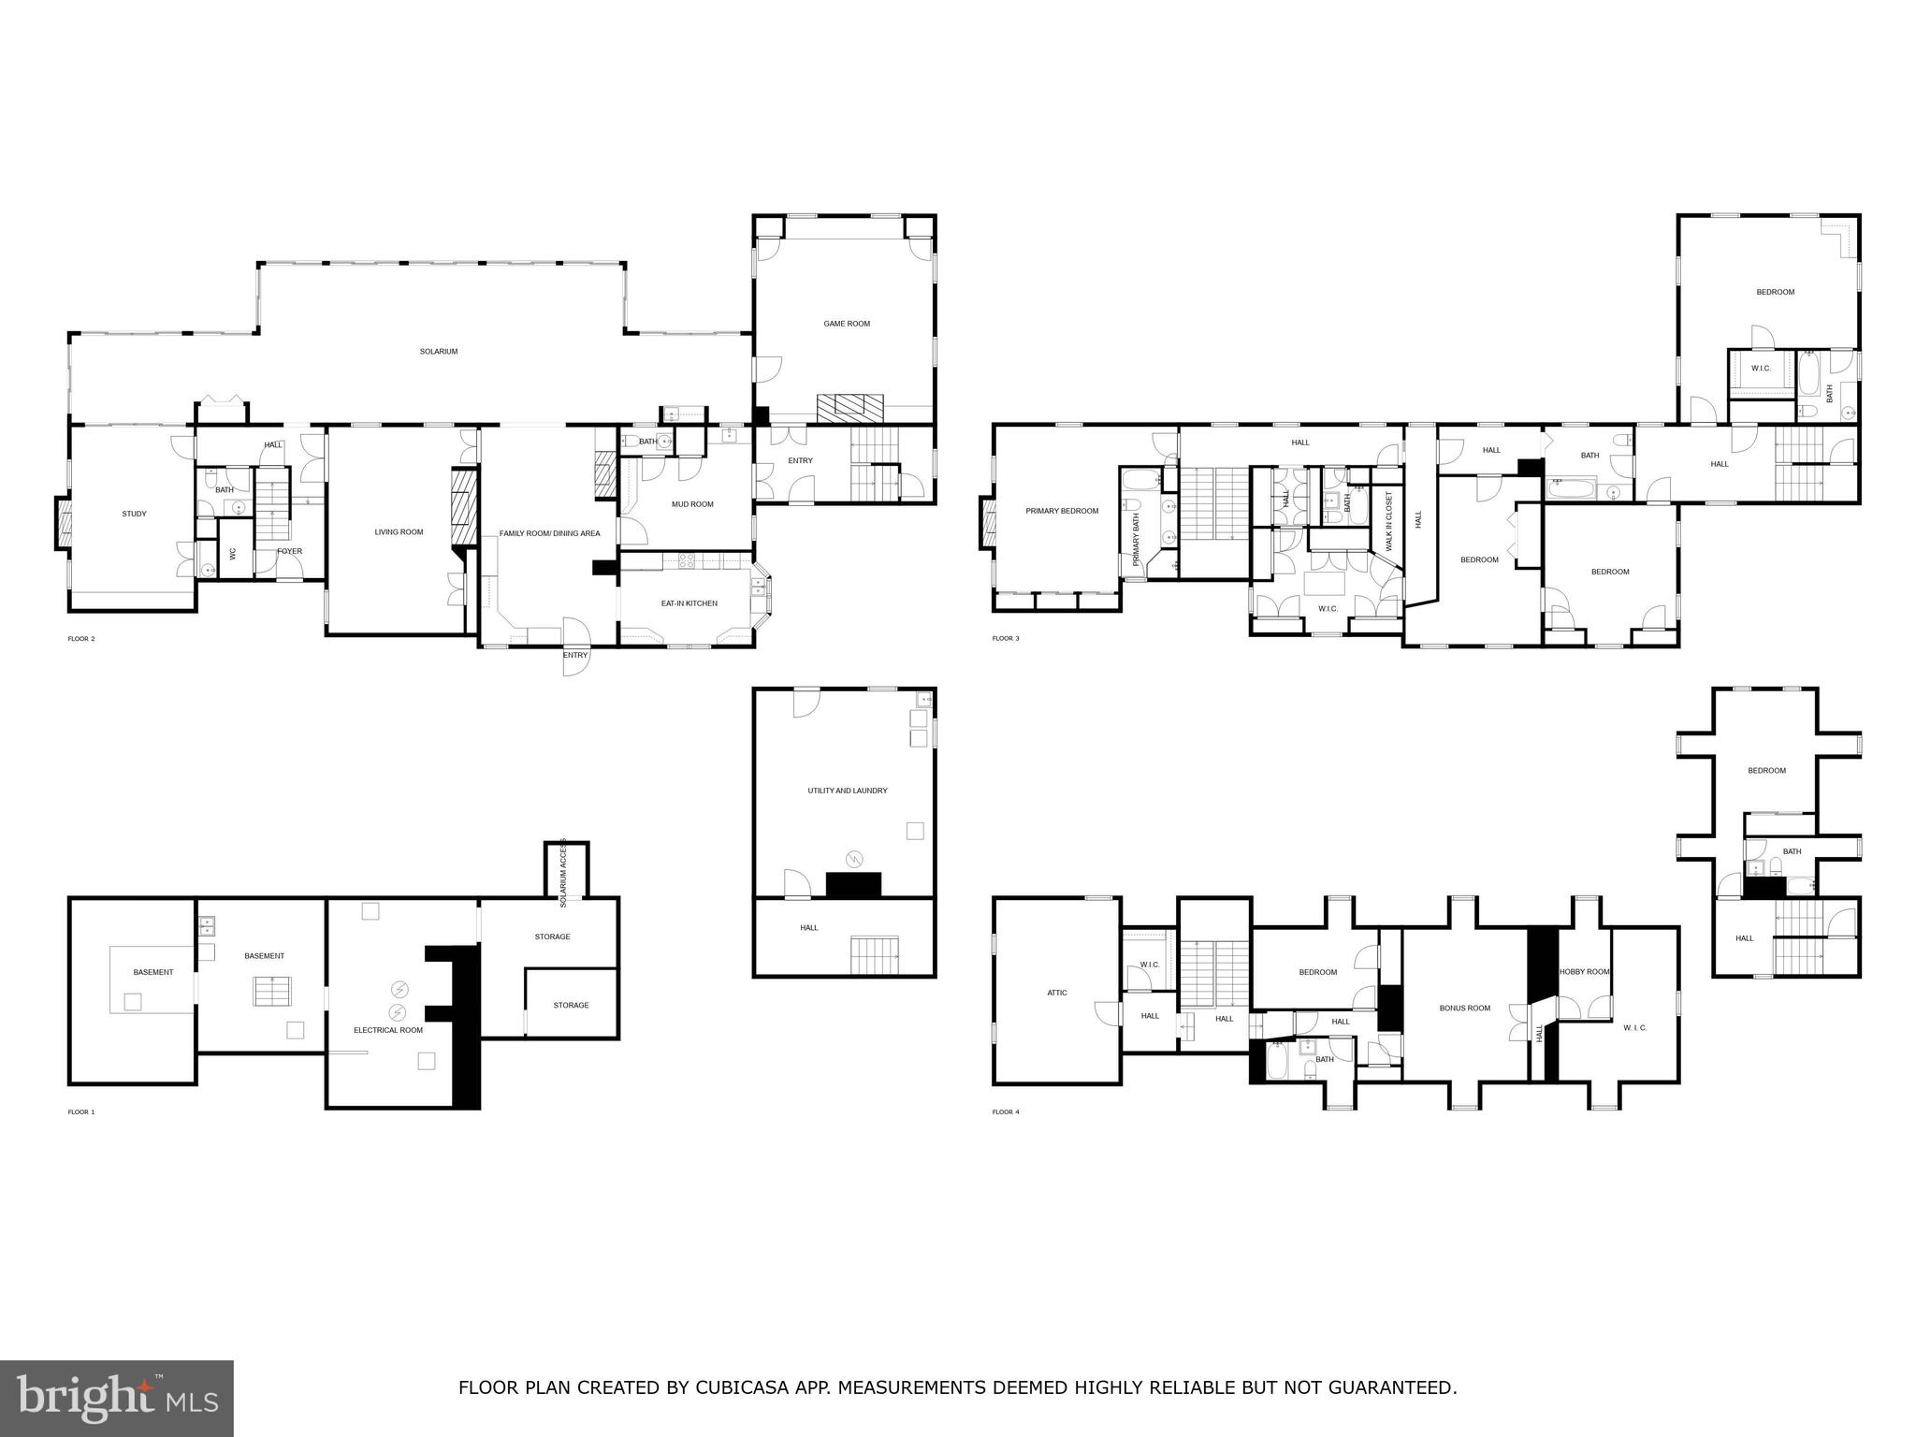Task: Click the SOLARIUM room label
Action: (x=438, y=352)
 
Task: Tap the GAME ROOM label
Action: (x=846, y=324)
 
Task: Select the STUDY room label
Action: (x=134, y=514)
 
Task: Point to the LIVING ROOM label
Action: (x=399, y=532)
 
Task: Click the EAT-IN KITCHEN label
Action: (x=689, y=603)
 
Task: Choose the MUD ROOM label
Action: (x=692, y=504)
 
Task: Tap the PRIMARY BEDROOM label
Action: (x=1061, y=511)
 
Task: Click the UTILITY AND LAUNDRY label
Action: (x=847, y=791)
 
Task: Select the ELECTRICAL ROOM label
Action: (x=387, y=1030)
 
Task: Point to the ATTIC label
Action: (x=1056, y=993)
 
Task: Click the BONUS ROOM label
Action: (x=1464, y=1009)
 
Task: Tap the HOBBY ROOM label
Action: (x=1583, y=972)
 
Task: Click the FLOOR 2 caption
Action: (x=81, y=639)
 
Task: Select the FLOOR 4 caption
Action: (x=1006, y=1112)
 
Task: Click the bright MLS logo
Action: (x=116, y=1398)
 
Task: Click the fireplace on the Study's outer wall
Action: (x=64, y=524)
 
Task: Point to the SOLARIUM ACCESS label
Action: (x=563, y=872)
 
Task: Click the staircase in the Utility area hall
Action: (x=874, y=954)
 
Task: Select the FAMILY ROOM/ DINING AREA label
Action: (x=549, y=533)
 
